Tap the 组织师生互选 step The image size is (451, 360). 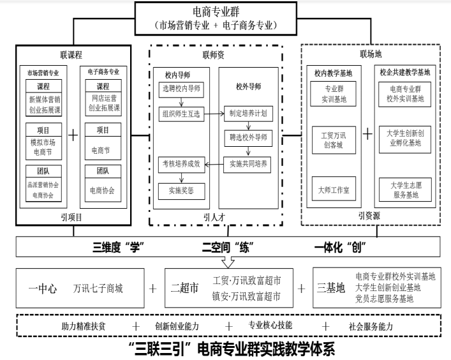180,116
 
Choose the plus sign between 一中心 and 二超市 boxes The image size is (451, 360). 152,288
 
